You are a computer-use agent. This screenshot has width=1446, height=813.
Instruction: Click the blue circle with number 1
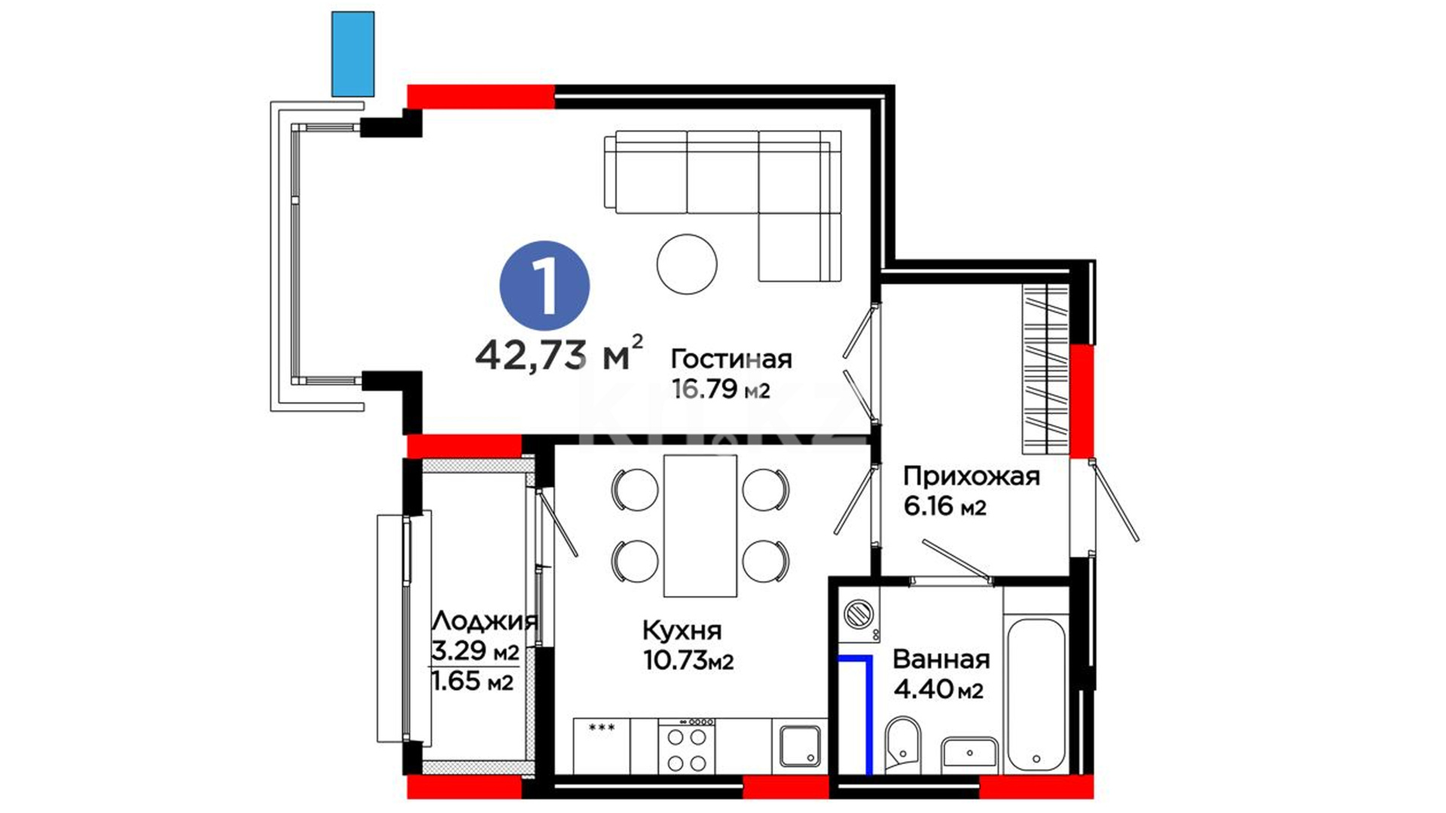click(545, 286)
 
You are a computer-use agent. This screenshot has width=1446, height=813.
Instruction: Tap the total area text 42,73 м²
click(559, 353)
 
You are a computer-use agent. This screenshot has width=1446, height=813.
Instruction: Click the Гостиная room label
click(731, 359)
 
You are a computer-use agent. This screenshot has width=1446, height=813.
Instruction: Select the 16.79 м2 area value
click(721, 389)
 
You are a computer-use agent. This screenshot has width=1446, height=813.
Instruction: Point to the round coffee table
click(687, 263)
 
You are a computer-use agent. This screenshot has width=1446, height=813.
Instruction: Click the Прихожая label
click(972, 477)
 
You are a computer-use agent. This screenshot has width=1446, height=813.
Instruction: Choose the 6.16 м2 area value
click(945, 507)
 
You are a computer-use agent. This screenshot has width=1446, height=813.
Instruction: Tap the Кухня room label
click(682, 630)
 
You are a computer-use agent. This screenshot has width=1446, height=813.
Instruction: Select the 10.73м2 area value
click(688, 660)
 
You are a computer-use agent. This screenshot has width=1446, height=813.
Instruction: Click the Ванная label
click(941, 659)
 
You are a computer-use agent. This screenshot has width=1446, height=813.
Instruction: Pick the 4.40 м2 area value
click(938, 689)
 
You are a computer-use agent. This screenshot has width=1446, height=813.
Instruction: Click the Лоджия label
click(484, 621)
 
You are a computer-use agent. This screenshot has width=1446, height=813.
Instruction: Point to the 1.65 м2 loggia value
click(472, 681)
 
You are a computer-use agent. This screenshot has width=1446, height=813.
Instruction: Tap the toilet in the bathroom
click(902, 744)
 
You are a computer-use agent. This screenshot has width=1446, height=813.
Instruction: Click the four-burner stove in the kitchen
click(687, 746)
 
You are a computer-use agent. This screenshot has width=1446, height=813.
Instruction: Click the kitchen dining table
click(700, 525)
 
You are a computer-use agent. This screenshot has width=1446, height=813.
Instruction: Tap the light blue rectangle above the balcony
click(353, 53)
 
